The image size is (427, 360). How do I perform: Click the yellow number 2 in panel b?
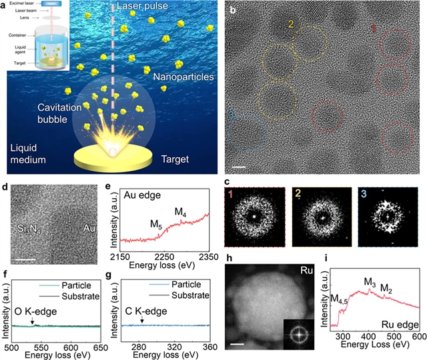click(290, 25)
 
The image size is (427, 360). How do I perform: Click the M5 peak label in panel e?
click(154, 223)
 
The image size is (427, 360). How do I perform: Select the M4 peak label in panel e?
click(180, 212)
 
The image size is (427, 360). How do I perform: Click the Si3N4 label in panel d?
click(29, 231)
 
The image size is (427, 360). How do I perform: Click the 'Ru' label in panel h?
click(303, 272)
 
